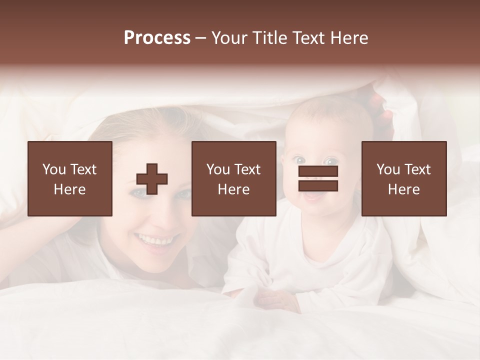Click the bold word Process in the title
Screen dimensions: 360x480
pos(157,38)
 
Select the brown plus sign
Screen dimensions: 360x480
pos(152,179)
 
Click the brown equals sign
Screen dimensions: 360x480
pos(318,179)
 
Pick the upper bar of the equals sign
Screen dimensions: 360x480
pos(318,171)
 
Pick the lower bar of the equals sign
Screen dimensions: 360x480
pos(318,186)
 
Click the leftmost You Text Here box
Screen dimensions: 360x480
pos(70,178)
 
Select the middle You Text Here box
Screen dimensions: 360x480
pos(233,178)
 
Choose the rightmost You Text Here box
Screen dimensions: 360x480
pos(404,178)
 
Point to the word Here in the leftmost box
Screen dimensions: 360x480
pos(70,189)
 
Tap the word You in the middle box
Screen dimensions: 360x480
pos(218,169)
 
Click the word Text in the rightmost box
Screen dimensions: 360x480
pos(417,169)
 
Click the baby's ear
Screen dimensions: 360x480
pos(372,165)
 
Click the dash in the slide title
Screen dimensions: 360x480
pos(200,38)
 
